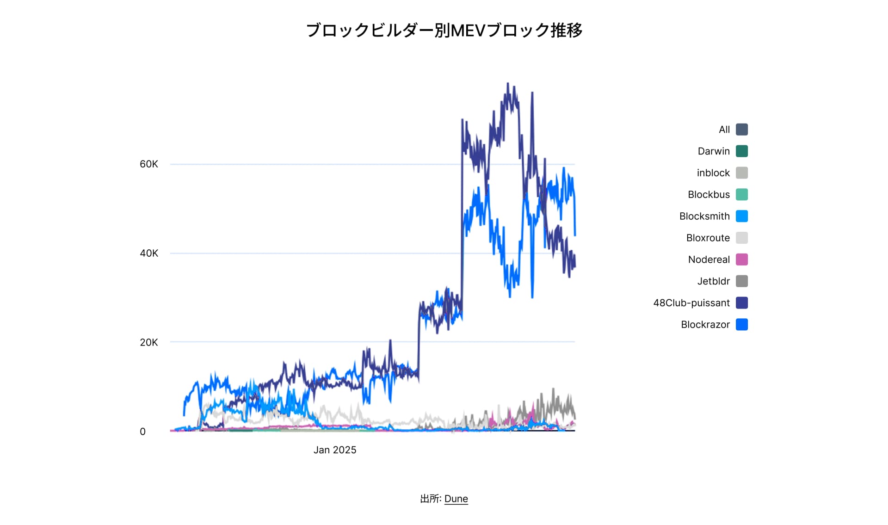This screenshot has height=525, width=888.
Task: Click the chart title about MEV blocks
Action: (x=444, y=31)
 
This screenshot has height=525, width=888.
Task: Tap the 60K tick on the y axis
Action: (x=148, y=164)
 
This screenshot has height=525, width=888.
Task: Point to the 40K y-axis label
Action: (x=148, y=253)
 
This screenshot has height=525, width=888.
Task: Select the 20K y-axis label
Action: (x=148, y=342)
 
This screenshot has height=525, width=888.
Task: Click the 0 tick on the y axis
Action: (x=142, y=432)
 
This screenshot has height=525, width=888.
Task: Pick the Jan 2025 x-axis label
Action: (x=335, y=450)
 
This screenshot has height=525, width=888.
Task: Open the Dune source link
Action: (x=456, y=499)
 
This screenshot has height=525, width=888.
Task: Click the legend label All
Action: (x=724, y=130)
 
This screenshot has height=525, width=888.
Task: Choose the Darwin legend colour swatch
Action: (x=742, y=151)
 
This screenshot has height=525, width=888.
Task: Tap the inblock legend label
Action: (x=713, y=173)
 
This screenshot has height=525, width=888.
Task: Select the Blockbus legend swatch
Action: (x=742, y=195)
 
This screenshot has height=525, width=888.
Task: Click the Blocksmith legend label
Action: (x=704, y=216)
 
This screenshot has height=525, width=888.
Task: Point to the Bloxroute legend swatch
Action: (x=742, y=238)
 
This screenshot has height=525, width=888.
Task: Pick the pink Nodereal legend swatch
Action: (x=742, y=259)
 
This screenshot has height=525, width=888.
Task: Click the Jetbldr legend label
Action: (x=713, y=281)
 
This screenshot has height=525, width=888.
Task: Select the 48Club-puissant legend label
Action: (x=691, y=303)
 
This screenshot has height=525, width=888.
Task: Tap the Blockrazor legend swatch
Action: (x=742, y=325)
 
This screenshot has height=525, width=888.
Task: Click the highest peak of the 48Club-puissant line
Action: (x=508, y=84)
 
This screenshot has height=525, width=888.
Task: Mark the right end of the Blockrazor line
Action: (x=575, y=235)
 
